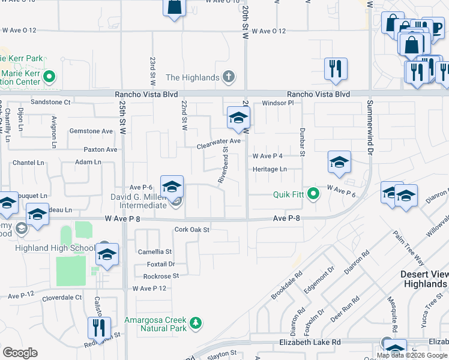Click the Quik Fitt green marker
(x=312, y=194)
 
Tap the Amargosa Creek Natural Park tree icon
(x=195, y=323)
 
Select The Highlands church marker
(x=228, y=77)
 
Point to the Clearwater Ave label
(x=218, y=141)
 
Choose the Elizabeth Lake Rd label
(x=310, y=342)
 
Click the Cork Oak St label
(x=191, y=229)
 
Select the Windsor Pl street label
(x=277, y=103)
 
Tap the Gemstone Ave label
(x=91, y=131)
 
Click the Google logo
(x=20, y=353)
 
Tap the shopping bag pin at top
(x=174, y=8)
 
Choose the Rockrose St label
(x=161, y=276)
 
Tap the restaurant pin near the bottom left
(x=98, y=328)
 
